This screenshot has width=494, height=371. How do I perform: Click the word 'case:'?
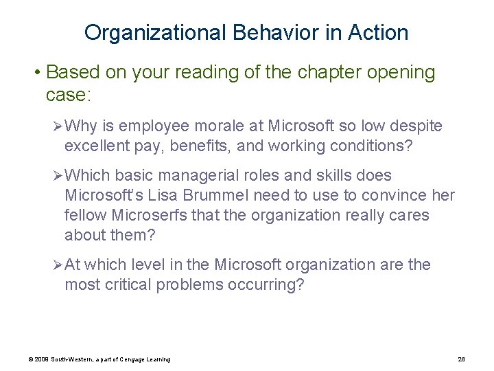68,94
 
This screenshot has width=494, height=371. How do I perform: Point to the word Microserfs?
146,215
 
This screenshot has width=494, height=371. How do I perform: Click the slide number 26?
461,359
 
